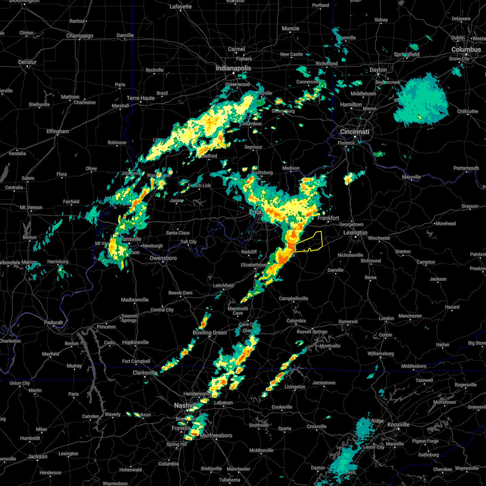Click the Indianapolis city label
(233, 68)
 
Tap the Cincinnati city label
(354, 132)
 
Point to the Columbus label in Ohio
(466, 49)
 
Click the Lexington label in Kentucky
(355, 232)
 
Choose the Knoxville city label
(399, 424)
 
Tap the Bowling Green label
(210, 333)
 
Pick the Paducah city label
(53, 322)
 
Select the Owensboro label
(163, 258)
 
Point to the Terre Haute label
(141, 98)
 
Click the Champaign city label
(80, 36)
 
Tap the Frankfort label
(328, 218)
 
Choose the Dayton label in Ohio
(378, 70)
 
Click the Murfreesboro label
(216, 435)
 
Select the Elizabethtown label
(254, 265)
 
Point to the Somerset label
(348, 322)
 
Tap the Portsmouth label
(466, 168)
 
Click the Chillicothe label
(467, 111)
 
